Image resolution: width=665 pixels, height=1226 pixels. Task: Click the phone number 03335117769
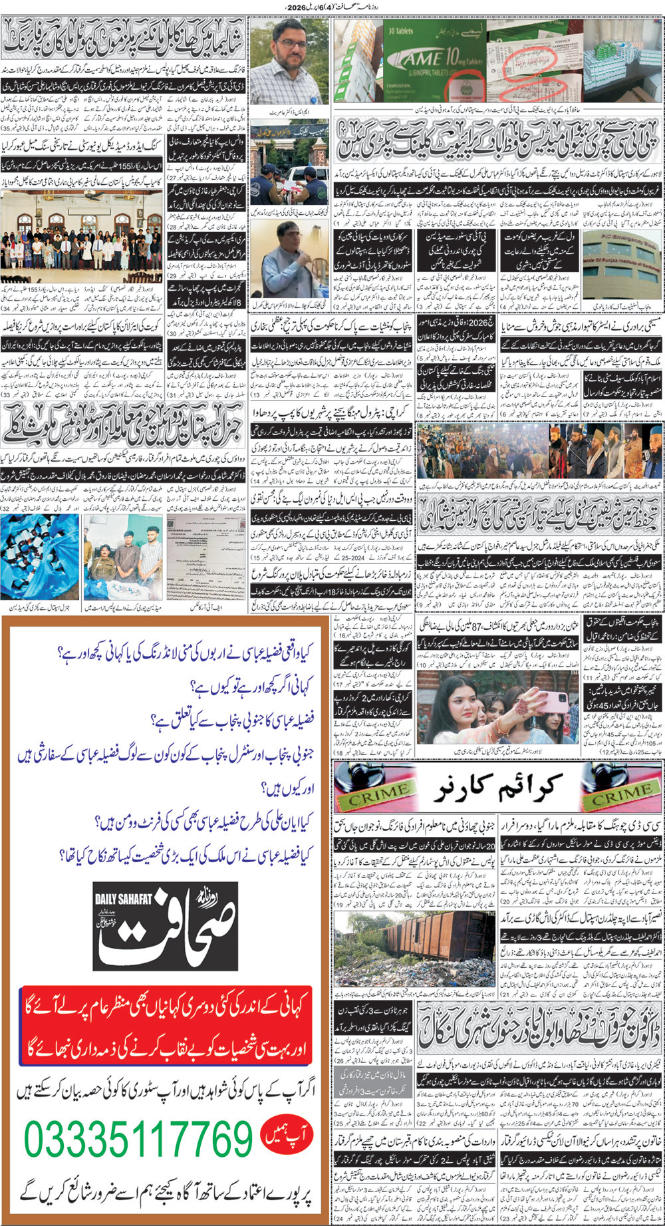point(138,1139)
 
